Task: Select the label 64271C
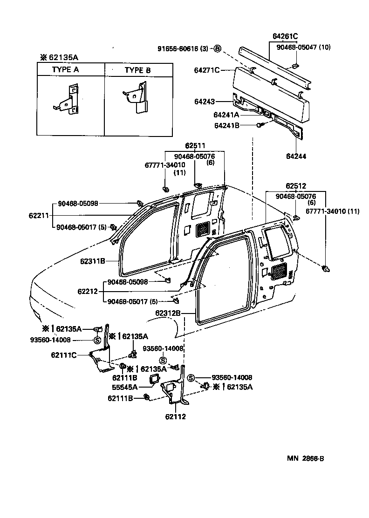(x=206, y=70)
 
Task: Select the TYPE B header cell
(x=137, y=70)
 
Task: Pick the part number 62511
(x=194, y=146)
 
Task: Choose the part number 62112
(x=176, y=416)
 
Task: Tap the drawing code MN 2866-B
(x=305, y=458)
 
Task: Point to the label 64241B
(x=226, y=125)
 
